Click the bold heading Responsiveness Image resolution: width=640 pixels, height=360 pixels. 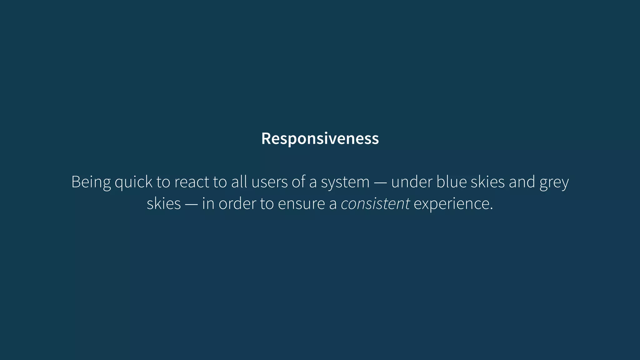click(320, 138)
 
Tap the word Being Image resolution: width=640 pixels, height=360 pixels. click(91, 182)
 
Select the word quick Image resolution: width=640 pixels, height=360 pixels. click(133, 182)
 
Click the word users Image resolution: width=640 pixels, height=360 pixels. click(269, 182)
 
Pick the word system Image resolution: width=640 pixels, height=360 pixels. click(345, 182)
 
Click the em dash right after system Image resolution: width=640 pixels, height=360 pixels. click(380, 182)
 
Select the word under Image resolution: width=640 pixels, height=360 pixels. click(412, 182)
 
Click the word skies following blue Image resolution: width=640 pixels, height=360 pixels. click(488, 182)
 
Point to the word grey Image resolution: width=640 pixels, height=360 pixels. click(554, 182)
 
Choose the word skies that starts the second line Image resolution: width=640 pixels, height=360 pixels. click(164, 204)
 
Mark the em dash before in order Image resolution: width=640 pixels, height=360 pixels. click(191, 204)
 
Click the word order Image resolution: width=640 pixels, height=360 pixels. click(237, 204)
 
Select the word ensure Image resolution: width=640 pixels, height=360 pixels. click(301, 204)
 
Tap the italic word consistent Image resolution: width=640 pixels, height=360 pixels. click(375, 204)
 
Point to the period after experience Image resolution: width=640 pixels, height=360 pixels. click(492, 208)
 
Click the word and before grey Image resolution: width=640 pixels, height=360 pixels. click(522, 182)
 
